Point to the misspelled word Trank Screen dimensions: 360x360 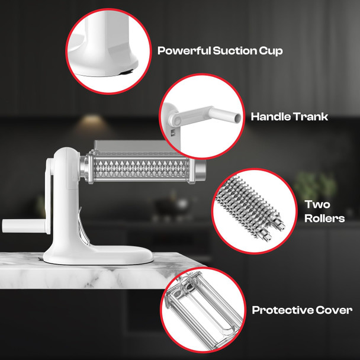310,117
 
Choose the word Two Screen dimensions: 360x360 317,204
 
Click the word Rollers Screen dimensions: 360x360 324,218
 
